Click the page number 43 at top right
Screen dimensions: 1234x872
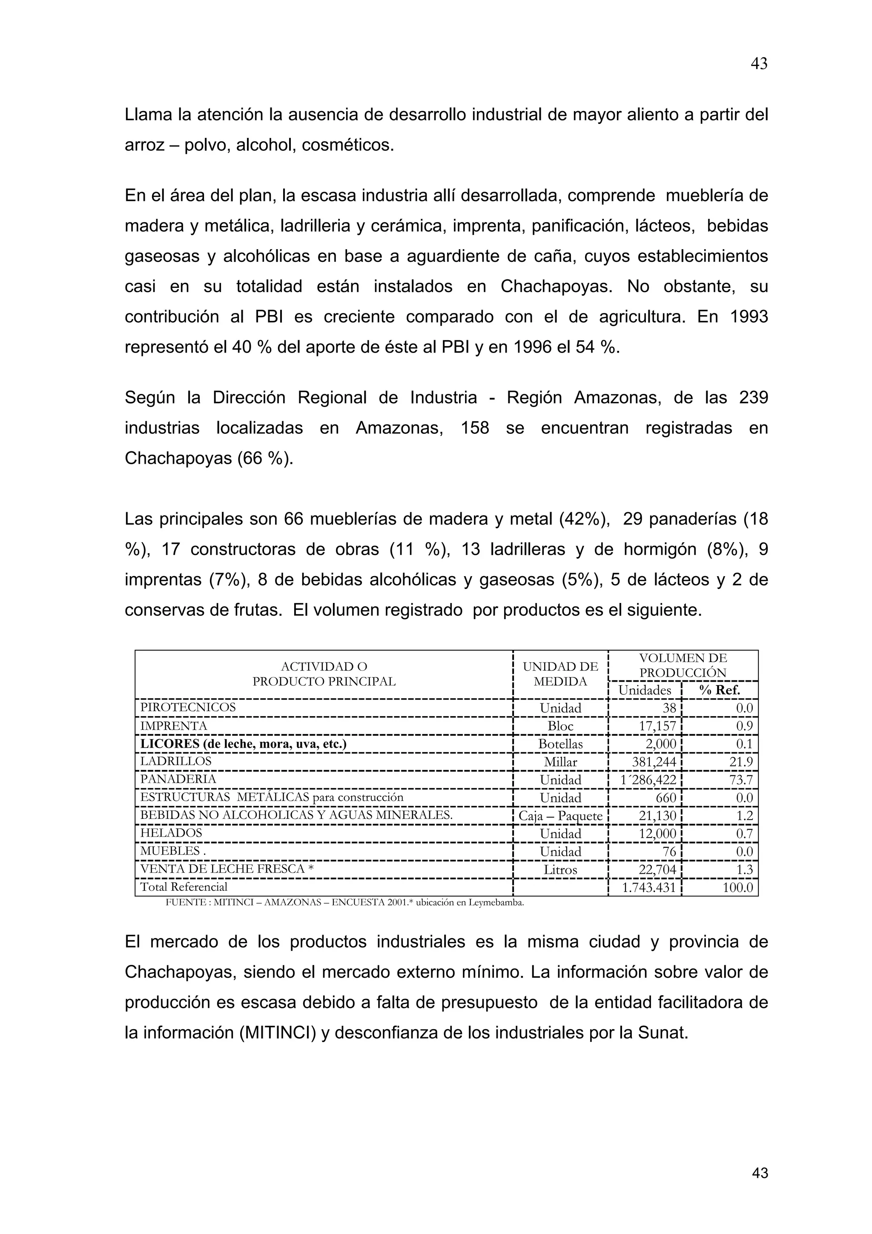(759, 64)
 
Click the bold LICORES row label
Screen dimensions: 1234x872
(243, 744)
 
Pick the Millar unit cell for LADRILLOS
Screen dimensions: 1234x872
(560, 762)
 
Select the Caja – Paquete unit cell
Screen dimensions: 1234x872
(560, 816)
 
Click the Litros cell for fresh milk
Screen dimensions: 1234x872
(560, 870)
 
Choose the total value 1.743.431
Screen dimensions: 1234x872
(648, 887)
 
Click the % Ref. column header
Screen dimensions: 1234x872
(720, 690)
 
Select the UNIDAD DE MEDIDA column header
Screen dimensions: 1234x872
(560, 674)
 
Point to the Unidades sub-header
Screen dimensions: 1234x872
(644, 690)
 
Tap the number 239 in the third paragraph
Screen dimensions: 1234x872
(753, 398)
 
